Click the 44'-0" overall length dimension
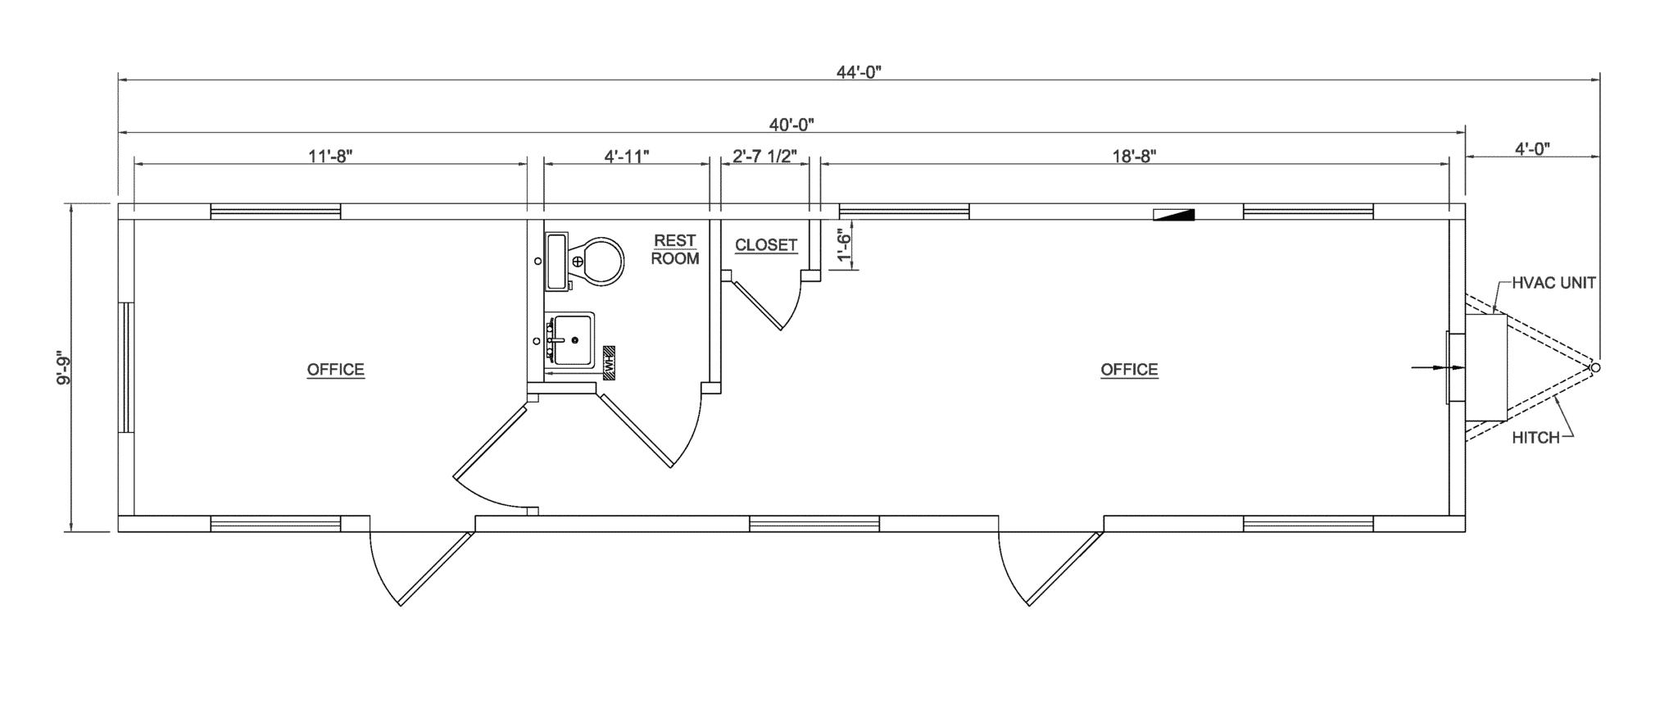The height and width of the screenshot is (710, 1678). (859, 72)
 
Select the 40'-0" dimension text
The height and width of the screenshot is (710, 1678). (791, 125)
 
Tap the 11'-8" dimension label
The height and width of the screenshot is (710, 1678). (330, 156)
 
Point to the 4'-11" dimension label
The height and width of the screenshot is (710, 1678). (627, 156)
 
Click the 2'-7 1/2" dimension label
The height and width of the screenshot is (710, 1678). (765, 156)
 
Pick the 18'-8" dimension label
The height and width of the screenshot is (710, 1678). (1135, 156)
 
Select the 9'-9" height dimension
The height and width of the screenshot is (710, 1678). (60, 369)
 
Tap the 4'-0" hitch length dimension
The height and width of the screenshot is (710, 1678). (1532, 149)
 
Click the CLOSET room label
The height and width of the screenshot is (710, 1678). (766, 245)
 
